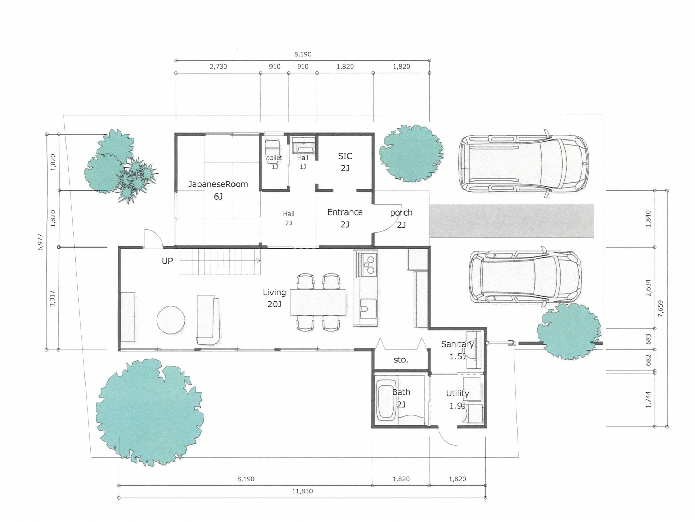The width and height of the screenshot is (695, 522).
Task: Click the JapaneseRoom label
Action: click(218, 184)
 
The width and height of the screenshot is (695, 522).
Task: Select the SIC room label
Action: click(345, 156)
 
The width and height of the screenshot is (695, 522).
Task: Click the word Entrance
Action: click(345, 212)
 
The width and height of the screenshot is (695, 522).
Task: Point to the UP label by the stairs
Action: click(167, 261)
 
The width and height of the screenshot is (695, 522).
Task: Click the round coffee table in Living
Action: click(171, 320)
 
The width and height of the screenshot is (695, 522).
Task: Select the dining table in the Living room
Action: click(318, 302)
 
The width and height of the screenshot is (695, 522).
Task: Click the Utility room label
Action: click(457, 393)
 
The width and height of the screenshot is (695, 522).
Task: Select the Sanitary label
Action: click(457, 344)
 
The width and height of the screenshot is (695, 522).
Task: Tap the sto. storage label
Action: click(401, 360)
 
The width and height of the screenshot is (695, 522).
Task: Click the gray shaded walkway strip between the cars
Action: click(511, 221)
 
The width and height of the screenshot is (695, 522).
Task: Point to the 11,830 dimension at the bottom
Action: click(302, 491)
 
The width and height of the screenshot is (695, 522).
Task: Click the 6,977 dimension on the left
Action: click(41, 242)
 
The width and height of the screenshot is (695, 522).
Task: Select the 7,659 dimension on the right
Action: click(660, 309)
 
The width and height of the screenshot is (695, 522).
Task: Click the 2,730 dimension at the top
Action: click(218, 67)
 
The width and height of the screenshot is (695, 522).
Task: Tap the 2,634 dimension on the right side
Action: click(648, 288)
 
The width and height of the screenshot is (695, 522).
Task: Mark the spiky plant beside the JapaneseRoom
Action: click(136, 179)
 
